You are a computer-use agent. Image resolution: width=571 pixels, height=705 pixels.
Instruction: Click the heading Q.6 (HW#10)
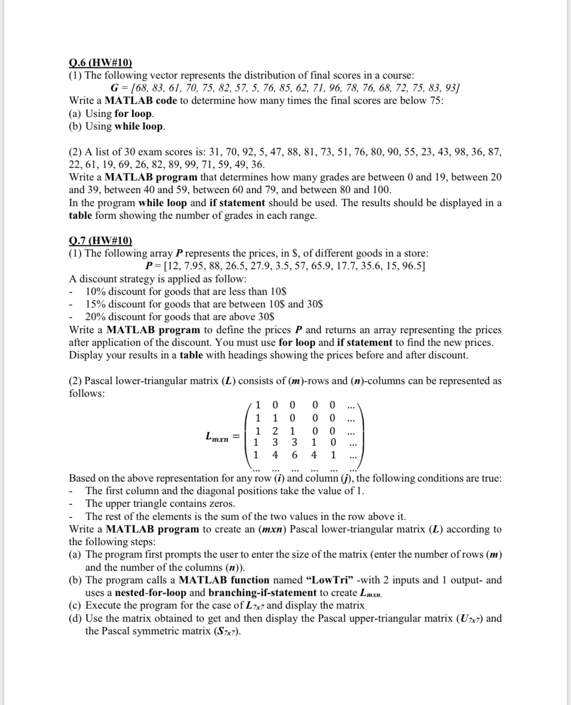point(100,63)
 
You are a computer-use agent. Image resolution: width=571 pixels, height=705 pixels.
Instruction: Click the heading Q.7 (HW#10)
point(100,240)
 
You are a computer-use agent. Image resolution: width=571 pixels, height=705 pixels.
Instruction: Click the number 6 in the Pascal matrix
point(294,455)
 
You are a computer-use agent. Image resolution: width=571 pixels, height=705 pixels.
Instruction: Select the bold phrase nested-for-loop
point(151,593)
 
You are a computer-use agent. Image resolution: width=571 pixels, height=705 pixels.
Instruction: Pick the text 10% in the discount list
point(95,291)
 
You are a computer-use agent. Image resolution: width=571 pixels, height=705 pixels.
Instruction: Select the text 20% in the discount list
point(95,317)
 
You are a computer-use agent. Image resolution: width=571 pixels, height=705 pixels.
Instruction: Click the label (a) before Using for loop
point(76,114)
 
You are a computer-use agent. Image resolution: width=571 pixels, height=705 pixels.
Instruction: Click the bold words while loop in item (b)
point(139,127)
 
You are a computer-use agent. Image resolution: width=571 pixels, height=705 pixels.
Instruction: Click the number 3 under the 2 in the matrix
point(275,442)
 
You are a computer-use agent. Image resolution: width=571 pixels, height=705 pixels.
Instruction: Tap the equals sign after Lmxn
point(236,436)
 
